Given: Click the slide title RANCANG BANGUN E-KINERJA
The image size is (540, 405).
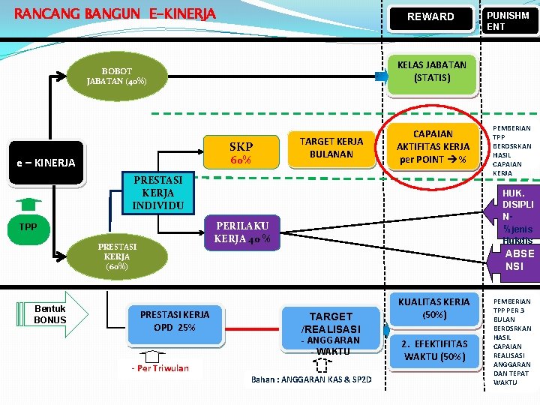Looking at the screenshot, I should [115, 14].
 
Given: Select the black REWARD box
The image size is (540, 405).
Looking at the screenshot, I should [430, 16].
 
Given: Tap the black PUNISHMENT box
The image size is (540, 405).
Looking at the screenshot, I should [508, 20].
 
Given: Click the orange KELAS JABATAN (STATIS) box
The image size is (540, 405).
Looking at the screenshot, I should [431, 71].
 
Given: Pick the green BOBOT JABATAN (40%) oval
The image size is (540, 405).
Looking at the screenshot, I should [116, 76].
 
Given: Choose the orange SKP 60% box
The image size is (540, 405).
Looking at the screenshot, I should [241, 152].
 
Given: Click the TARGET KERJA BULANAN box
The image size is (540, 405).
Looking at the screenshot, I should [331, 147].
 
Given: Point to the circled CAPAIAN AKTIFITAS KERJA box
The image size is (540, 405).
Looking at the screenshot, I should [433, 145].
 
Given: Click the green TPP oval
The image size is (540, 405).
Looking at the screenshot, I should [28, 226].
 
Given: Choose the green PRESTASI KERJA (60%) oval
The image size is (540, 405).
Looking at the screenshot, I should [116, 255].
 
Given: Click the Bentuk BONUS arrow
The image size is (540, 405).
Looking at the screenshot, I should [53, 314].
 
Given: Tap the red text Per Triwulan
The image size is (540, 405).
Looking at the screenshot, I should [160, 367].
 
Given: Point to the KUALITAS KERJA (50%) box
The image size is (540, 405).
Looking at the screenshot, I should [435, 307].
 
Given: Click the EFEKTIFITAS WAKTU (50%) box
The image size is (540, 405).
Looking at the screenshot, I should [433, 349].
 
